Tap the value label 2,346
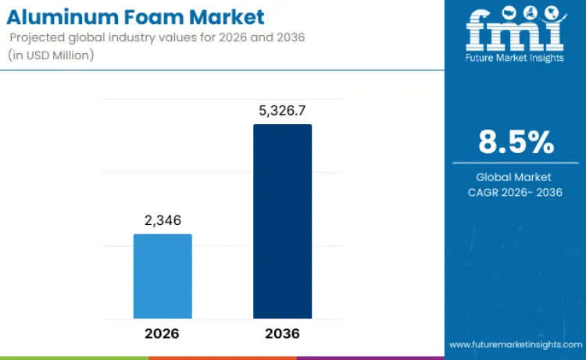[x=163, y=221]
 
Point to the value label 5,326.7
[x=282, y=111]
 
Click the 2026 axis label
[x=163, y=333]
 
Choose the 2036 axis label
[x=282, y=333]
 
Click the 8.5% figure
[x=516, y=142]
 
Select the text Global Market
[x=514, y=177]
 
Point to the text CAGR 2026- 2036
[x=515, y=192]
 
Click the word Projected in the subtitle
[x=38, y=37]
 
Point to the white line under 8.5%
[x=515, y=162]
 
